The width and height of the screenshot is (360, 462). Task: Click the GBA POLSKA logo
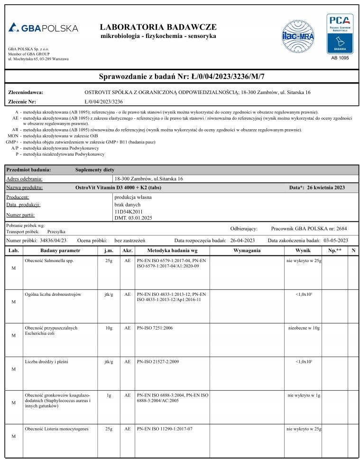click(43, 28)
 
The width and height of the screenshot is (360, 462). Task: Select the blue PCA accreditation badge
click(340, 33)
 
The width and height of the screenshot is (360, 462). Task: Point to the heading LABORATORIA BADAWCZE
click(158, 27)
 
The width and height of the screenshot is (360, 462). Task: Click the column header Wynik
click(303, 250)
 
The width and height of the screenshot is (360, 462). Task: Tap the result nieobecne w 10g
click(304, 328)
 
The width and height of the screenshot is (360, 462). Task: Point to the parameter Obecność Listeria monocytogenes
click(56, 429)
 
